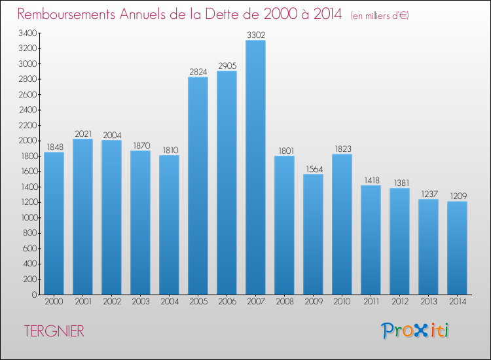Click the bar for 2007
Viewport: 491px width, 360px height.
[255, 167]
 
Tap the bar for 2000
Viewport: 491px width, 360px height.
[54, 223]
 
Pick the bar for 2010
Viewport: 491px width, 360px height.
[342, 224]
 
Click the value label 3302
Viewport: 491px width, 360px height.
[255, 35]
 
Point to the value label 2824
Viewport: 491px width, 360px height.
[198, 72]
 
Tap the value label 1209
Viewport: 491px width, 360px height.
[457, 196]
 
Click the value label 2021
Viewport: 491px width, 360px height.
[82, 134]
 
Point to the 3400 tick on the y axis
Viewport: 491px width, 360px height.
[27, 33]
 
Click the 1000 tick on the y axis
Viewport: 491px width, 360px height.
[27, 217]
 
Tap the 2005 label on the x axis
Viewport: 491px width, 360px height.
[198, 302]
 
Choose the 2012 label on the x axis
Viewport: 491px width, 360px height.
[399, 302]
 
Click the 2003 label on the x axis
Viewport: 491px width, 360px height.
[140, 302]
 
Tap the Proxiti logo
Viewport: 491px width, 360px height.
[416, 331]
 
